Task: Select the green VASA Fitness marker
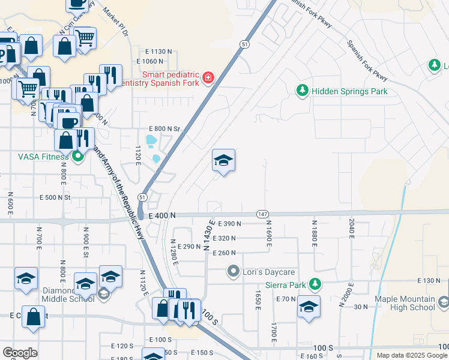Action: pyautogui.click(x=77, y=157)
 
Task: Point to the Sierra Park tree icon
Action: pyautogui.click(x=315, y=284)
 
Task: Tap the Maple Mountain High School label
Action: pyautogui.click(x=405, y=303)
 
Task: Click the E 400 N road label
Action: pyautogui.click(x=157, y=215)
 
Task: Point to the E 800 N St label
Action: pyautogui.click(x=164, y=129)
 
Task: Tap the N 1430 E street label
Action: pyautogui.click(x=209, y=235)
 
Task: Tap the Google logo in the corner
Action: pyautogui.click(x=20, y=353)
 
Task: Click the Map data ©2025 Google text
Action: pyautogui.click(x=411, y=355)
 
